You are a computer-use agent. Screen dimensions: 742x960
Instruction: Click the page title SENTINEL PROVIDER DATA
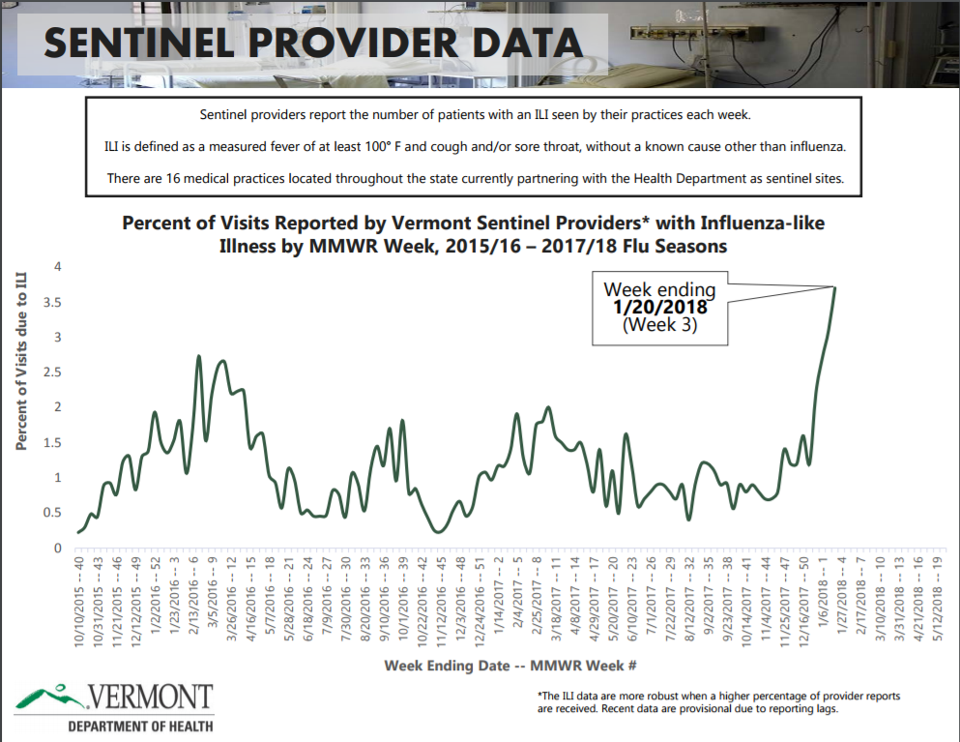click(314, 44)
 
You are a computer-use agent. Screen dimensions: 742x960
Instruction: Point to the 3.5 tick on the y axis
click(58, 302)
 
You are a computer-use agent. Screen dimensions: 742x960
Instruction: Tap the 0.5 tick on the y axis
click(58, 513)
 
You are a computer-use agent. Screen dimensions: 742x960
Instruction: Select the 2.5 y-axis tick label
click(58, 372)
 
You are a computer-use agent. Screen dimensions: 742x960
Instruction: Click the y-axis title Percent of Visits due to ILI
click(20, 360)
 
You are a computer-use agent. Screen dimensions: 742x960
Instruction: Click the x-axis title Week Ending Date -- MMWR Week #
click(509, 666)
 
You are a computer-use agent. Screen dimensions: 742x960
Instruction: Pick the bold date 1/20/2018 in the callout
click(659, 307)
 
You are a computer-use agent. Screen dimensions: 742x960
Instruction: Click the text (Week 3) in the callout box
click(659, 325)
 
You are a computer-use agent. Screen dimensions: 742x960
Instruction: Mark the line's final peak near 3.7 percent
click(834, 286)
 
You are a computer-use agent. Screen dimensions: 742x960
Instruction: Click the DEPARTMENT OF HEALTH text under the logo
click(140, 726)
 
